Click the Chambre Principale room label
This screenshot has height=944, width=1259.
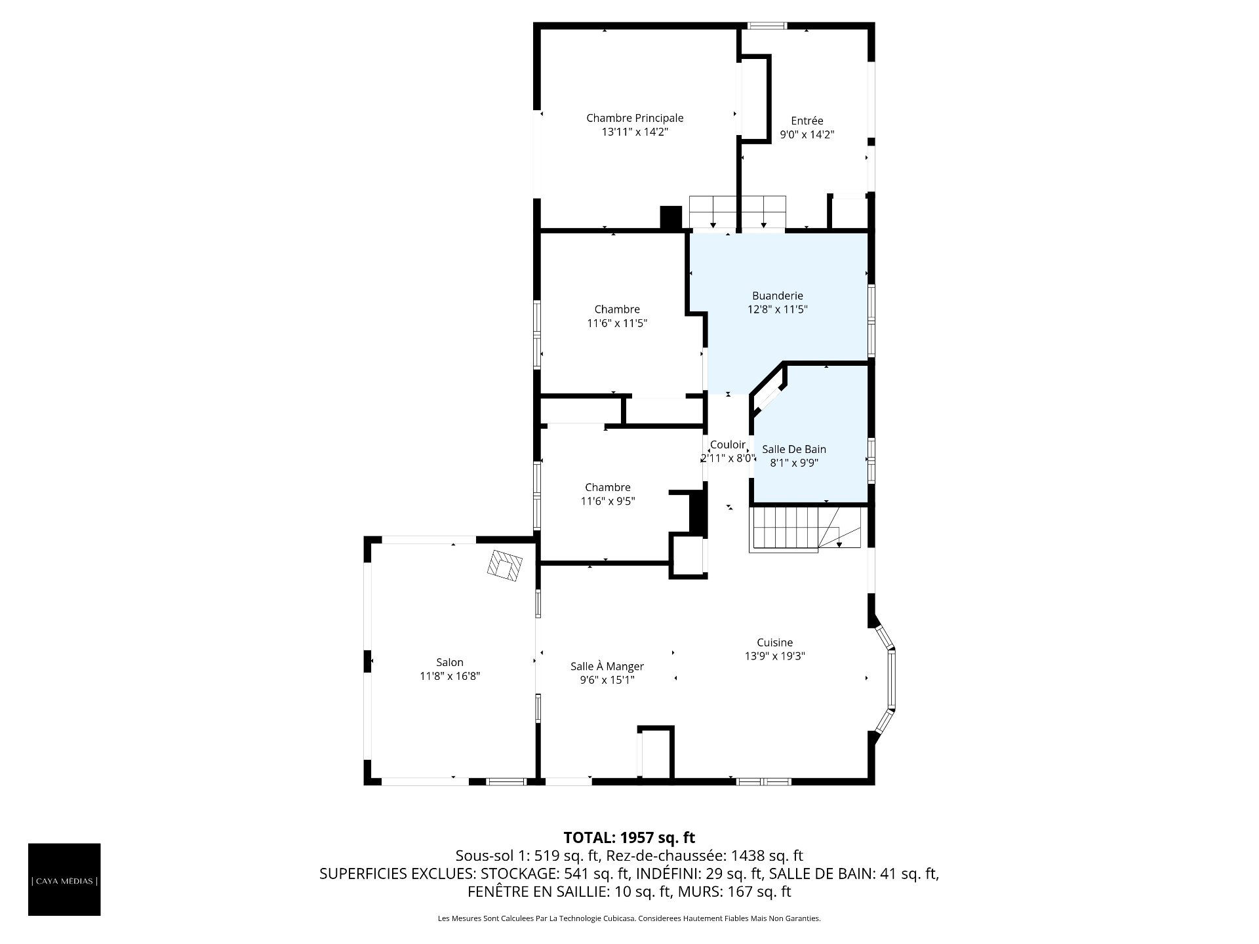pos(635,118)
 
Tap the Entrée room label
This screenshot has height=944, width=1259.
pos(807,121)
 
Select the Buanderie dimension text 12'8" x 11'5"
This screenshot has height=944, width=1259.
pos(778,309)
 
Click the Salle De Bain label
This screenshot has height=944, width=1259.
pos(793,449)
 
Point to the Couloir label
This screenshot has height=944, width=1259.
pos(728,444)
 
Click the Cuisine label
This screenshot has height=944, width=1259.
pos(774,642)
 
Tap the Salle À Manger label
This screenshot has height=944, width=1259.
pos(607,667)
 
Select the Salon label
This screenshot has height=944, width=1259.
pos(450,662)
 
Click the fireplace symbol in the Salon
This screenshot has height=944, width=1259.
pos(505,565)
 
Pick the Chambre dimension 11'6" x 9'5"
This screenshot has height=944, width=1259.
pos(608,501)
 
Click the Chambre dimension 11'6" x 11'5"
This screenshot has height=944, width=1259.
pos(617,323)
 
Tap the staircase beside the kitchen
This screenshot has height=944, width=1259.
pos(805,529)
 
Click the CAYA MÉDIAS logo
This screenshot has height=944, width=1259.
pos(64,879)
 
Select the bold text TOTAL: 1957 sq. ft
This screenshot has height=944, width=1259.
pos(629,838)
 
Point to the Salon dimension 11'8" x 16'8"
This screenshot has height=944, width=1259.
pos(450,676)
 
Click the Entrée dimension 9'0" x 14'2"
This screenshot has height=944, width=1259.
pos(807,134)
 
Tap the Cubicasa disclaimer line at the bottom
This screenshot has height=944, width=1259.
pos(629,918)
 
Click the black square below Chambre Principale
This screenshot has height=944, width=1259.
pos(671,218)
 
